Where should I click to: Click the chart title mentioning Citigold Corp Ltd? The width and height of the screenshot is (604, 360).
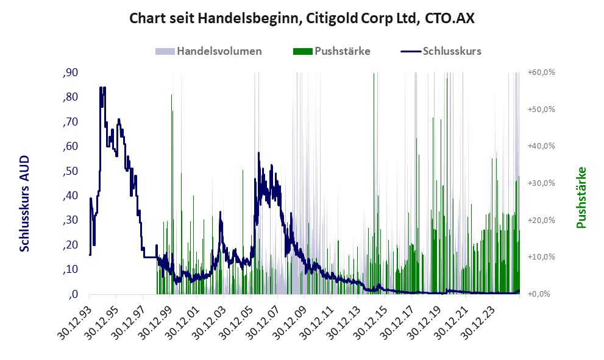click(x=302, y=19)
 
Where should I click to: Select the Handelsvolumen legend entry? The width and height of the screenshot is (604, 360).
click(x=219, y=51)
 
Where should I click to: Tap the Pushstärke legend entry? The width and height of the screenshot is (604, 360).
click(x=342, y=51)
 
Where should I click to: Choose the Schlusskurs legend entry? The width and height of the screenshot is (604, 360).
click(x=452, y=51)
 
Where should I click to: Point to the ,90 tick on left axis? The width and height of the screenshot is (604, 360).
click(x=70, y=72)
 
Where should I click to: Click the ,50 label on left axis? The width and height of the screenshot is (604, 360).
click(x=70, y=171)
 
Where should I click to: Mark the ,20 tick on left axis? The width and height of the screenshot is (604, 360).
click(x=70, y=245)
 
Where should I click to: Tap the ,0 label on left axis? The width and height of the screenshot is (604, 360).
click(x=73, y=294)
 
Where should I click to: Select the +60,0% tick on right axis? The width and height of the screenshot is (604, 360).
click(x=541, y=72)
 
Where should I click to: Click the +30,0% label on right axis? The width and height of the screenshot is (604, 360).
click(x=541, y=183)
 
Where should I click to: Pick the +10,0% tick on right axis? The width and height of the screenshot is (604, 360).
click(x=541, y=257)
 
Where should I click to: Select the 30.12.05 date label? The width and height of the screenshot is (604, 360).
click(x=235, y=322)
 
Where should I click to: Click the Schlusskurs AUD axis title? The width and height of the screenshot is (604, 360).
click(x=25, y=203)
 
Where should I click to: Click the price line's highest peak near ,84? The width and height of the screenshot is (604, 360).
click(x=102, y=88)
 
